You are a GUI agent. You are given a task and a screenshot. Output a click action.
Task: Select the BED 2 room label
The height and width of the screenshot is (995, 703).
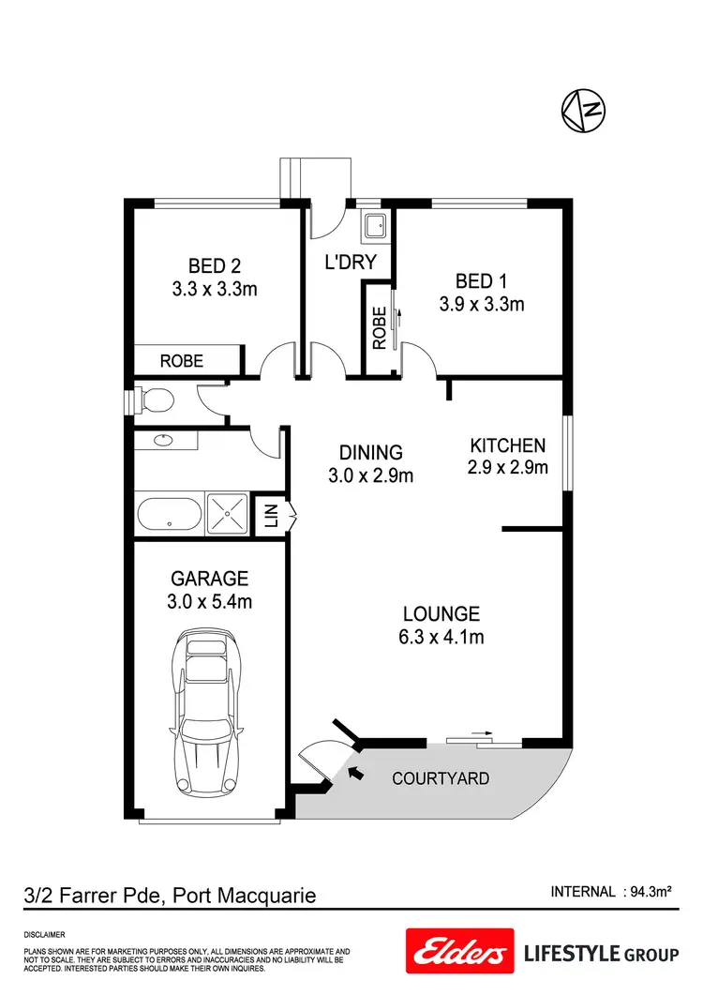pyautogui.click(x=214, y=265)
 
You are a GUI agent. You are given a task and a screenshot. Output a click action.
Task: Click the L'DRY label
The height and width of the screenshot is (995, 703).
pyautogui.click(x=350, y=263)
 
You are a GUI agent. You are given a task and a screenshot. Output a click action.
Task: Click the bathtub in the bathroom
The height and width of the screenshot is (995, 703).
pyautogui.click(x=169, y=514)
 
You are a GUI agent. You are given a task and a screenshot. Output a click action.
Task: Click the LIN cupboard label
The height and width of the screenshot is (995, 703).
pyautogui.click(x=271, y=515)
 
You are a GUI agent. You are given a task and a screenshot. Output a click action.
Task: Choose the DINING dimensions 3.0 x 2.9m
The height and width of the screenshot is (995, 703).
pyautogui.click(x=371, y=475)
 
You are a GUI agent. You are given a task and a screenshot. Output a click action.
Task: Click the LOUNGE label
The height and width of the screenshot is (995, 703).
pyautogui.click(x=441, y=614)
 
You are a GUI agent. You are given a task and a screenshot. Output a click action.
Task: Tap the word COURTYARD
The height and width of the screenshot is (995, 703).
pyautogui.click(x=441, y=778)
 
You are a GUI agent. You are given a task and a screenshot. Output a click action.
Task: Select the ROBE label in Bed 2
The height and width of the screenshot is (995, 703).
pyautogui.click(x=182, y=360)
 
